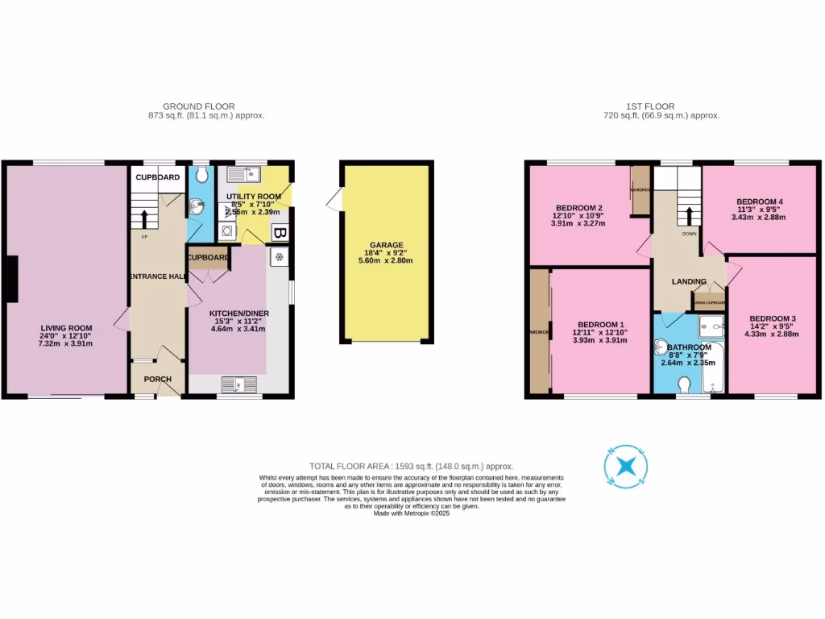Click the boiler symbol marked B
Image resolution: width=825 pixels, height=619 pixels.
(x=280, y=235)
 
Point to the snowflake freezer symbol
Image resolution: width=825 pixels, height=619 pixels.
(x=280, y=258)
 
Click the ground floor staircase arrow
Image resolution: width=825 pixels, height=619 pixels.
(x=145, y=219)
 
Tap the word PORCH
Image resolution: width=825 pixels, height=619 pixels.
(x=158, y=379)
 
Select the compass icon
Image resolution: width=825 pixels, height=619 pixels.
(x=624, y=466)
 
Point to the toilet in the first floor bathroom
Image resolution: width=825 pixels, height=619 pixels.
(x=686, y=384)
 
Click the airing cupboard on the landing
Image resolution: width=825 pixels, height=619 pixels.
(x=709, y=303)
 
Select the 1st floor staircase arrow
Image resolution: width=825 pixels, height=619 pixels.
(x=689, y=215)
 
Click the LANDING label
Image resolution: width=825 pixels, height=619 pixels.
(x=689, y=281)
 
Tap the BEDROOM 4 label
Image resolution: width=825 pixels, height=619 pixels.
(x=759, y=201)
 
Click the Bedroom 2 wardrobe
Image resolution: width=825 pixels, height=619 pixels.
(x=641, y=190)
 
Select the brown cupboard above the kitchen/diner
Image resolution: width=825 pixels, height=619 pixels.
(x=208, y=258)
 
